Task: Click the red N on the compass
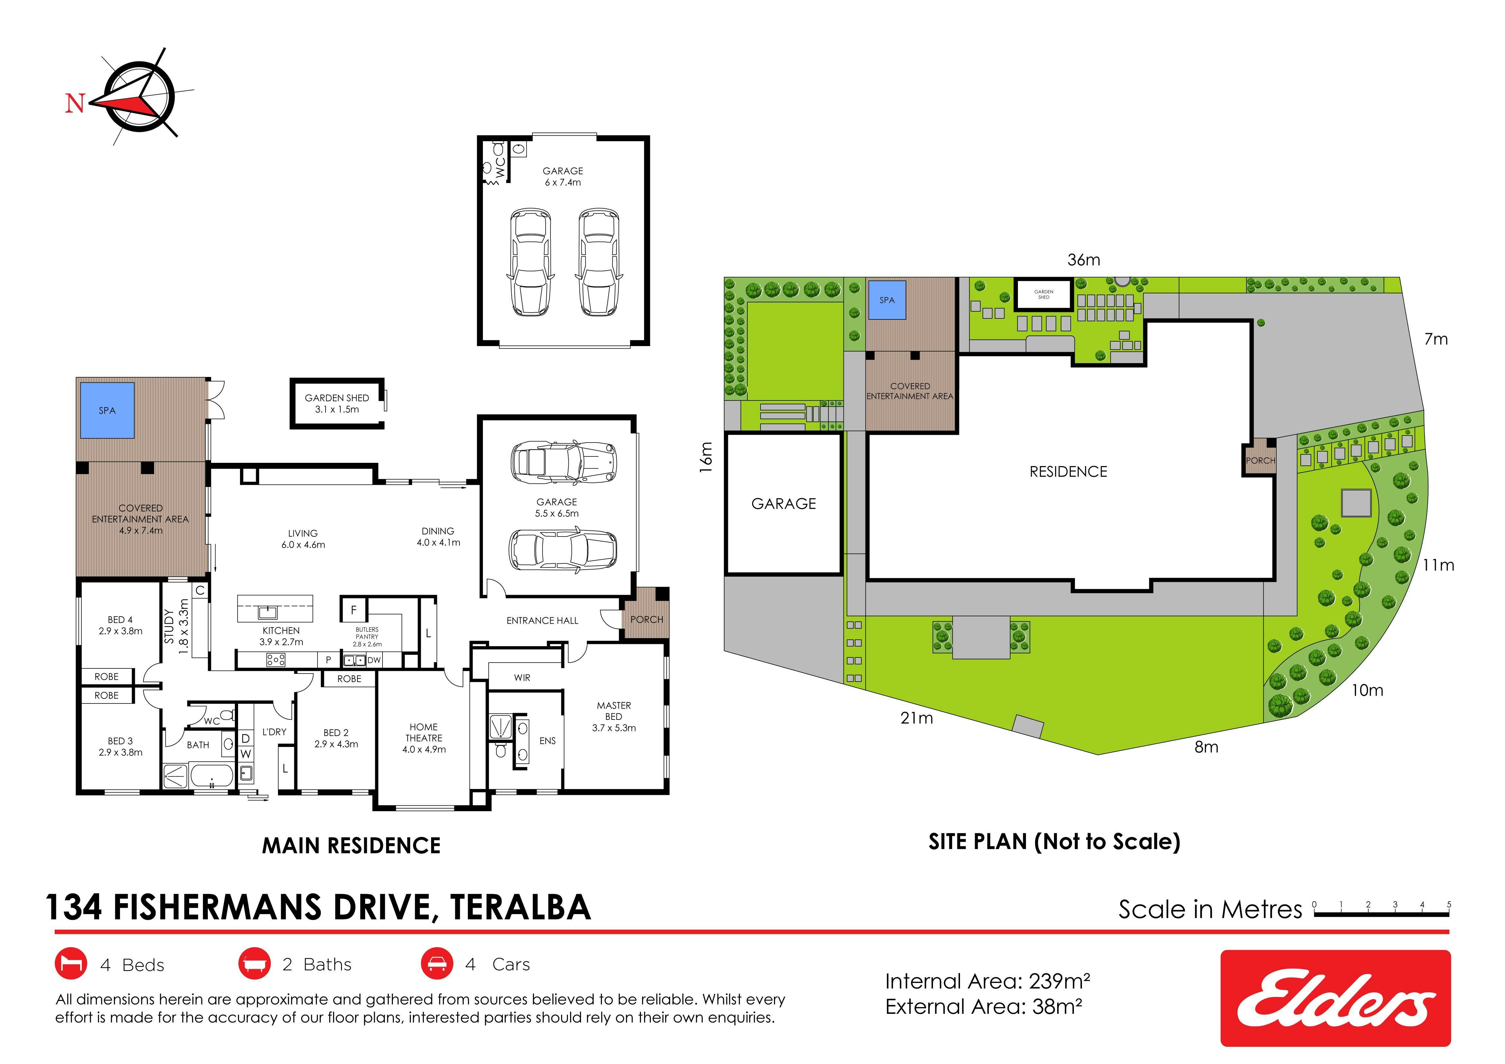(x=75, y=103)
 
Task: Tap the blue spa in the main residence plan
(x=107, y=410)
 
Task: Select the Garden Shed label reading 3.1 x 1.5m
(x=337, y=404)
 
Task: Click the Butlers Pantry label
(x=367, y=636)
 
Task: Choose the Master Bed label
(x=614, y=717)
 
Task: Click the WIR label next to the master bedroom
(x=522, y=677)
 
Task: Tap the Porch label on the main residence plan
(x=646, y=619)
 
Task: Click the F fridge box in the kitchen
(x=353, y=610)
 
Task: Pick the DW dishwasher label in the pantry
(x=374, y=660)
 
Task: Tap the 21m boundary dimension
(x=916, y=718)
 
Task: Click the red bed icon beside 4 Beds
(x=71, y=964)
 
